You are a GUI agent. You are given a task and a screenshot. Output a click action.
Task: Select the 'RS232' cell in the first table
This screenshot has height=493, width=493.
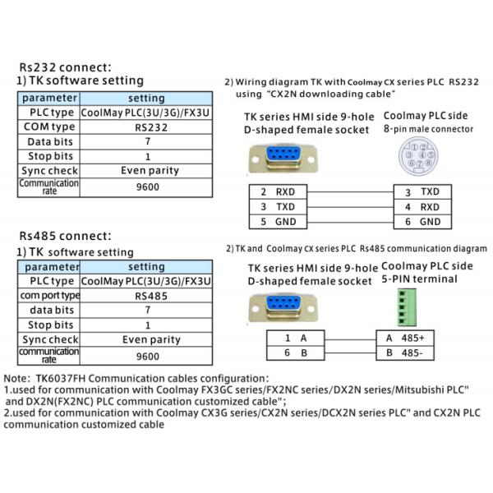click(x=147, y=127)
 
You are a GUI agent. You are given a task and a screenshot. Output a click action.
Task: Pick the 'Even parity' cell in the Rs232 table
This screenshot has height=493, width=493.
click(x=147, y=170)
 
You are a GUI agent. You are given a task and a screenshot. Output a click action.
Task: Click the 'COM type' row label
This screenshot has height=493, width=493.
click(x=48, y=127)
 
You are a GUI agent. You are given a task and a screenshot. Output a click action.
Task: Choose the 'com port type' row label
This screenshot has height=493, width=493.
click(x=48, y=295)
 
